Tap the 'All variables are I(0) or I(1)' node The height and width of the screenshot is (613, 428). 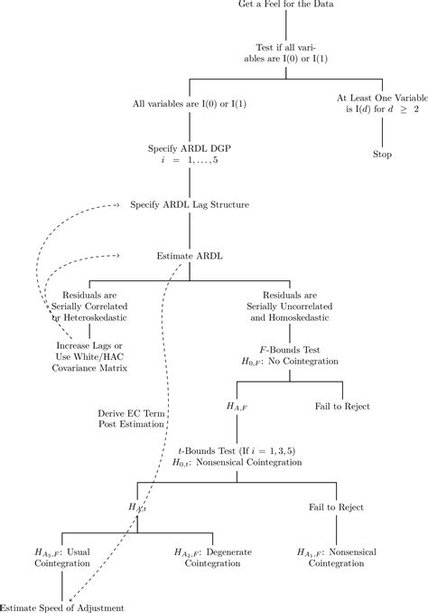point(189,105)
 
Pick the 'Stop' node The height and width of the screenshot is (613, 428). point(383,154)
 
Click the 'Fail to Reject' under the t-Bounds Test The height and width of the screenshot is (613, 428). point(337,507)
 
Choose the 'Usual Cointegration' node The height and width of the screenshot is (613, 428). point(62,557)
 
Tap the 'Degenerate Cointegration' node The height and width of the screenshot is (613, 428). point(207,557)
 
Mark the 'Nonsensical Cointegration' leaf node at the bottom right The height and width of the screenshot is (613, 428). point(337,557)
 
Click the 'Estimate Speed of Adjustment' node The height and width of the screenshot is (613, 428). point(61,608)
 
